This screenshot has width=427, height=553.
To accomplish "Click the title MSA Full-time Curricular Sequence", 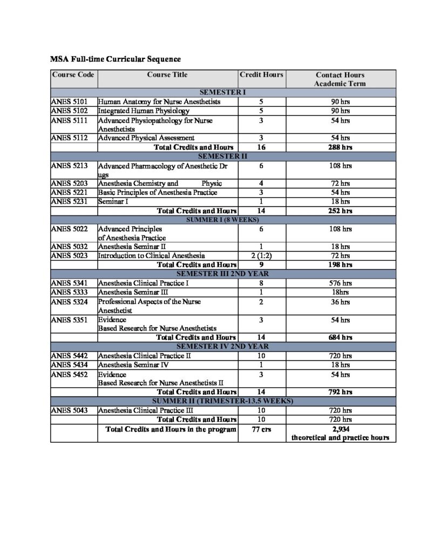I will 116,58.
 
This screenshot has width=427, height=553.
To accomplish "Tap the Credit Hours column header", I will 261,75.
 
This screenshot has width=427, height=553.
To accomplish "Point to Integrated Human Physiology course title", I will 144,111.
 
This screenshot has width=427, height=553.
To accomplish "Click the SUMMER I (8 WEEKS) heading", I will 223,220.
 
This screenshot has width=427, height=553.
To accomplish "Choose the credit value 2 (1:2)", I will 261,255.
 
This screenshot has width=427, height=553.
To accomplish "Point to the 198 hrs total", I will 341,265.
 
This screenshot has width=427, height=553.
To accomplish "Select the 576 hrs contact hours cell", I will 341,282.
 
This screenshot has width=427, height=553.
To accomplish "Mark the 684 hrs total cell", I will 341,338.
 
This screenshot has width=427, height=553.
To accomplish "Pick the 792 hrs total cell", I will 341,392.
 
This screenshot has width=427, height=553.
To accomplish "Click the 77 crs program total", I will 261,429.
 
